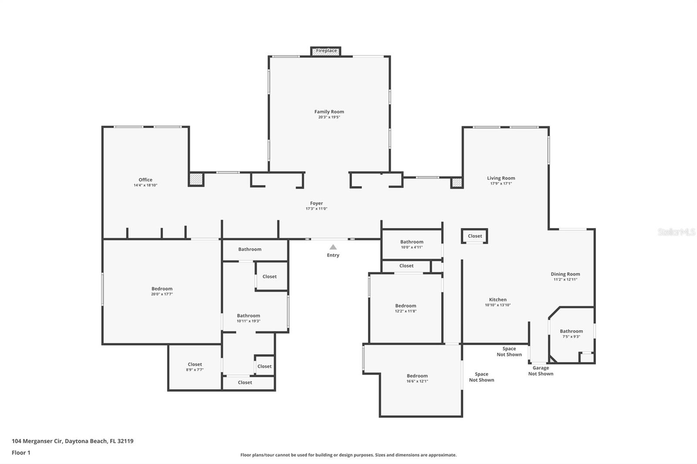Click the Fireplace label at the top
(326, 50)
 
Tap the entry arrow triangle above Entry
(333, 247)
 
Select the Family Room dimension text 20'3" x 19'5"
(329, 117)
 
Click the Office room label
(145, 180)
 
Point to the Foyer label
(316, 203)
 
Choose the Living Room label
(501, 178)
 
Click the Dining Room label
(565, 274)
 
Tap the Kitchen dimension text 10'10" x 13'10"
(497, 305)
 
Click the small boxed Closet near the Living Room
(474, 236)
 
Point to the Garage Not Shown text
(541, 371)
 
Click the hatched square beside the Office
(196, 179)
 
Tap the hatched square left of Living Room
(457, 182)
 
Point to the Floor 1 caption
(21, 453)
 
